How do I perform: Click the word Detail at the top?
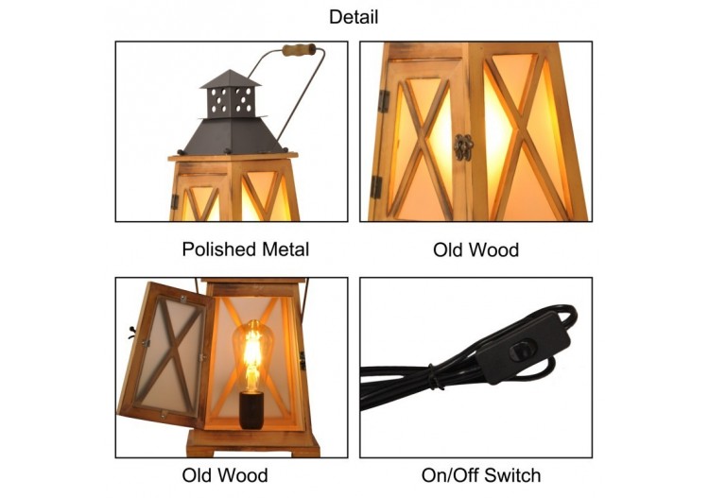(354, 17)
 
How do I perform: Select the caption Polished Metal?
(245, 249)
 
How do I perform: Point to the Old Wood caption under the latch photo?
(476, 249)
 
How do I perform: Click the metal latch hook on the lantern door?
(463, 146)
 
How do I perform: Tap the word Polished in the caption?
(218, 249)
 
